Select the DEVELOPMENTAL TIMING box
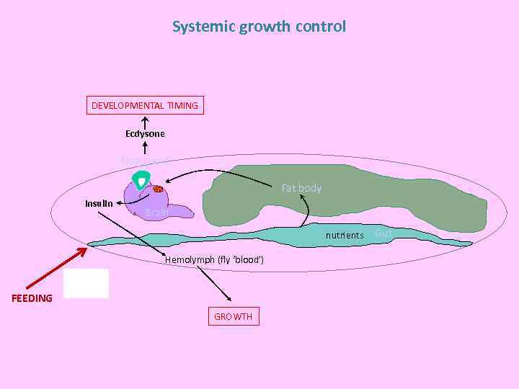click(x=144, y=106)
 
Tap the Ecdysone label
click(x=145, y=134)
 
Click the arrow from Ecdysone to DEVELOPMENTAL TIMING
click(x=145, y=121)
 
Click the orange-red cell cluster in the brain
click(x=157, y=189)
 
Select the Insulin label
click(x=99, y=204)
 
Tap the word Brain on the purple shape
click(x=156, y=213)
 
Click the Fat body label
click(x=301, y=188)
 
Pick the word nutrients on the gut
click(x=345, y=236)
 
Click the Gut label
click(x=383, y=233)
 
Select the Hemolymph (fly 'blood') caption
click(x=214, y=259)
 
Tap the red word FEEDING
click(x=32, y=298)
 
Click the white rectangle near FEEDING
click(x=86, y=283)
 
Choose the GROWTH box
click(x=233, y=316)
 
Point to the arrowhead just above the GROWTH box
click(x=229, y=299)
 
